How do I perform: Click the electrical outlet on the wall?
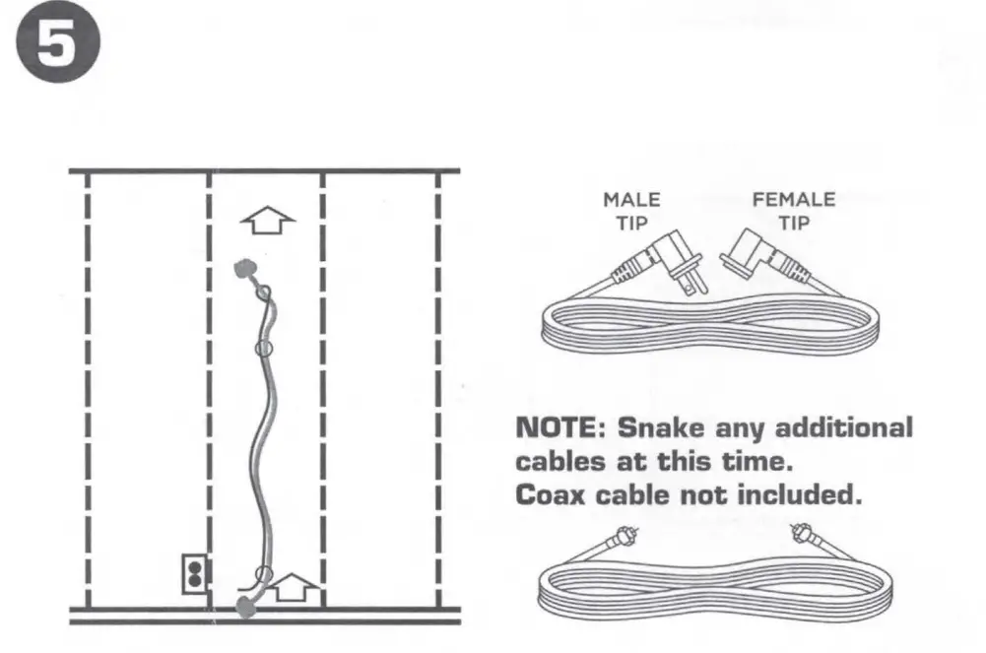195,572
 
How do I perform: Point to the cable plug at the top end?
242,268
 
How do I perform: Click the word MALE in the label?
631,200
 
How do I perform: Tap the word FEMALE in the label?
793,200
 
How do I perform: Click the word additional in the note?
844,428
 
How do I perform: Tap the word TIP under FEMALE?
793,224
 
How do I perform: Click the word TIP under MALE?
631,224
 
